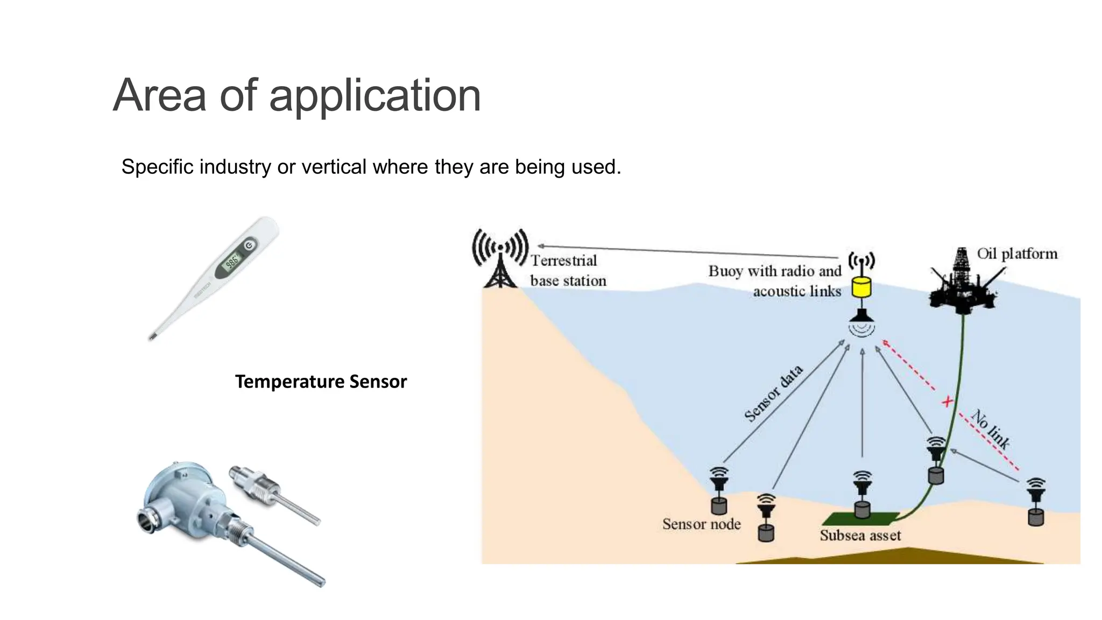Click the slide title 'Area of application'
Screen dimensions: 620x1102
coord(296,95)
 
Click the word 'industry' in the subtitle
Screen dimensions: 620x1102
coord(235,167)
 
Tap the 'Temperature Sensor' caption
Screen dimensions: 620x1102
coord(321,382)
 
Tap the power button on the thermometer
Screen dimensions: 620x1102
coord(249,246)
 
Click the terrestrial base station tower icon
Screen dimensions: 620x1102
coord(500,258)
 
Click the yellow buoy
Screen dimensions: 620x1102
coord(861,287)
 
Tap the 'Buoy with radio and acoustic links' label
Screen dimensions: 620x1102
coord(775,281)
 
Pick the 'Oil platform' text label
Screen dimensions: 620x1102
coord(1016,253)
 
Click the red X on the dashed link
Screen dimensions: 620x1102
coord(947,401)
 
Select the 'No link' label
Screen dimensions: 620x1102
coord(991,429)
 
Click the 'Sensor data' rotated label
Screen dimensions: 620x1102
coord(773,393)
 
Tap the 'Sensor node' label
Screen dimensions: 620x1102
coord(701,524)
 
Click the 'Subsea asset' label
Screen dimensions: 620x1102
coord(860,536)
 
